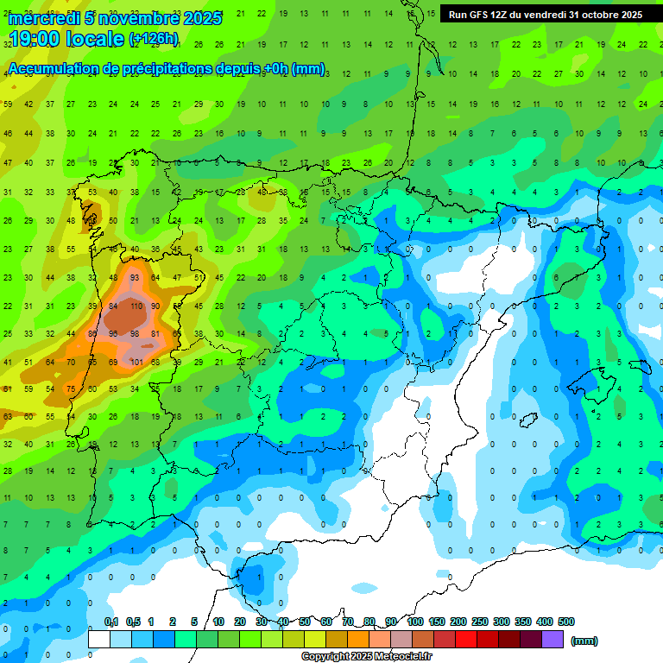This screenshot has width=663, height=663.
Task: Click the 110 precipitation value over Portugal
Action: point(136,306)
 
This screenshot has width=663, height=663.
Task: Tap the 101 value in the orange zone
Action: point(136,362)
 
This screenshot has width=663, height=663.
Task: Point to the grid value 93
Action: point(135,277)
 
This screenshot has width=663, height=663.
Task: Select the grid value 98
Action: point(136,333)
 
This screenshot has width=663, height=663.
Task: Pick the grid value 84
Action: point(114,306)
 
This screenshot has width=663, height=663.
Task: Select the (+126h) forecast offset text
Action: point(154,39)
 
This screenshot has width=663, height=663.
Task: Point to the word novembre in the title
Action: point(135,18)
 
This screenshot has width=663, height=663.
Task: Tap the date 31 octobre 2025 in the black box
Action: point(604,14)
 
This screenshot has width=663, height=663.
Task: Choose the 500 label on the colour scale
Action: point(566,622)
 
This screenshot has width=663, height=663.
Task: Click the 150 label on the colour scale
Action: point(437,622)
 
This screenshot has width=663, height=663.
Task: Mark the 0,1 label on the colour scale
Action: point(111,622)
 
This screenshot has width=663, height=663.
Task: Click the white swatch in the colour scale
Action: point(99,639)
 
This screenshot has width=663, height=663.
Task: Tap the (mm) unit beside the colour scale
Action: point(584,640)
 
